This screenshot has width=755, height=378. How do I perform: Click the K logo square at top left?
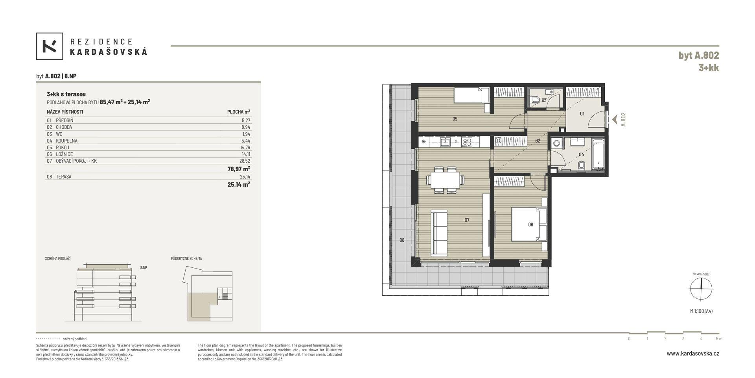50,46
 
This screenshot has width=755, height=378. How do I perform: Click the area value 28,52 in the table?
245,161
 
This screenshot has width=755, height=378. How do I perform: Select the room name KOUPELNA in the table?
67,141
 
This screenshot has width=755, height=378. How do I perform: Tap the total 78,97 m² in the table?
239,169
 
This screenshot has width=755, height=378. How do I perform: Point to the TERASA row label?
64,177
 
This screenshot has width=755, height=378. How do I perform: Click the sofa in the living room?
439,232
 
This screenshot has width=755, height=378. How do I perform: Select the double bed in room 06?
529,224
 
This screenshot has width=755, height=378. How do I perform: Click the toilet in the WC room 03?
536,100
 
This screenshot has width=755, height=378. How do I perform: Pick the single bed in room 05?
472,95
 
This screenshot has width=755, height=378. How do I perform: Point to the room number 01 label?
582,114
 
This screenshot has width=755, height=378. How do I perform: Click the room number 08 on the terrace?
402,240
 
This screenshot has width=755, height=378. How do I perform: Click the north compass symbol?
701,289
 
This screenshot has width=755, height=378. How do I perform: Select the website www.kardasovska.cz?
693,354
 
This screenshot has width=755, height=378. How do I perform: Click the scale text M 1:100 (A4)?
701,311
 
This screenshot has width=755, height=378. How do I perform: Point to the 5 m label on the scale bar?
719,339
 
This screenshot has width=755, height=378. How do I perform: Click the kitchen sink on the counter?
446,142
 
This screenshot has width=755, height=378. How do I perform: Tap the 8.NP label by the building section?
144,268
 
